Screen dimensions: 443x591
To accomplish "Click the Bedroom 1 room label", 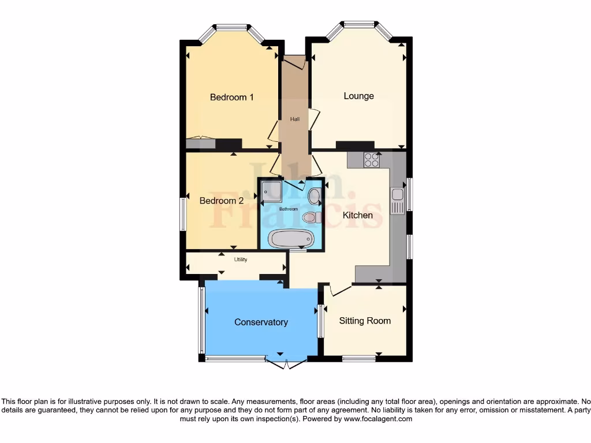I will point(231,97).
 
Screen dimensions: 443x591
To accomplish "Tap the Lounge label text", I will point(358,96).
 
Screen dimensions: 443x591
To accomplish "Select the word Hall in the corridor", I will point(295,119).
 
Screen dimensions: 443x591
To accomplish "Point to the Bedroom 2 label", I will point(221,201).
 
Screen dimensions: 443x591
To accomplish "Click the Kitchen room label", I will point(358,215).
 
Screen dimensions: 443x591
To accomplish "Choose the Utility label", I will point(241,260).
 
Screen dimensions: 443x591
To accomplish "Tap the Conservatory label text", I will point(261,322).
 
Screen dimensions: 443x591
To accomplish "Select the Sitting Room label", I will point(365,321).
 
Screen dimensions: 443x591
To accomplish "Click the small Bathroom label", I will point(289,209).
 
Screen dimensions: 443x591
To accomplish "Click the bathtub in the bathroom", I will point(291,239).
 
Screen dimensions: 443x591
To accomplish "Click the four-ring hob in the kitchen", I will point(371,160).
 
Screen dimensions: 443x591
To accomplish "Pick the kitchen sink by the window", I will point(397,200).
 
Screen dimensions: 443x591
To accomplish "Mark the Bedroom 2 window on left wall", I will point(182,214).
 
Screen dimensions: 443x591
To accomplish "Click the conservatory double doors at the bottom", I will point(286,362).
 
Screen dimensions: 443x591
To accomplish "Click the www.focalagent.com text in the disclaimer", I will point(377,419).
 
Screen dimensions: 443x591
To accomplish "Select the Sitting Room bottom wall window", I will point(358,358).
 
